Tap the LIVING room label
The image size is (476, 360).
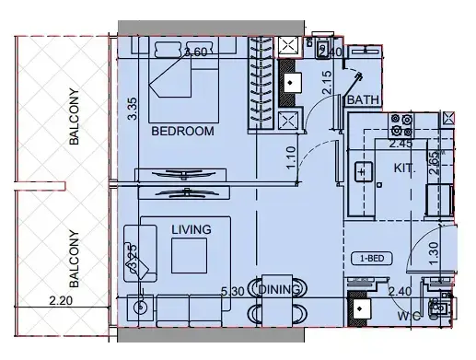(x=191, y=229)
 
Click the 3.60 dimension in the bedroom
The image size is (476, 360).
(x=193, y=52)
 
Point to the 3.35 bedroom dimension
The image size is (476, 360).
(x=133, y=110)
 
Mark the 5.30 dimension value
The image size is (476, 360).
(x=233, y=292)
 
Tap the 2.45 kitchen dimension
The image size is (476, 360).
(x=400, y=144)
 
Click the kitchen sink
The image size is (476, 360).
(x=362, y=171)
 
